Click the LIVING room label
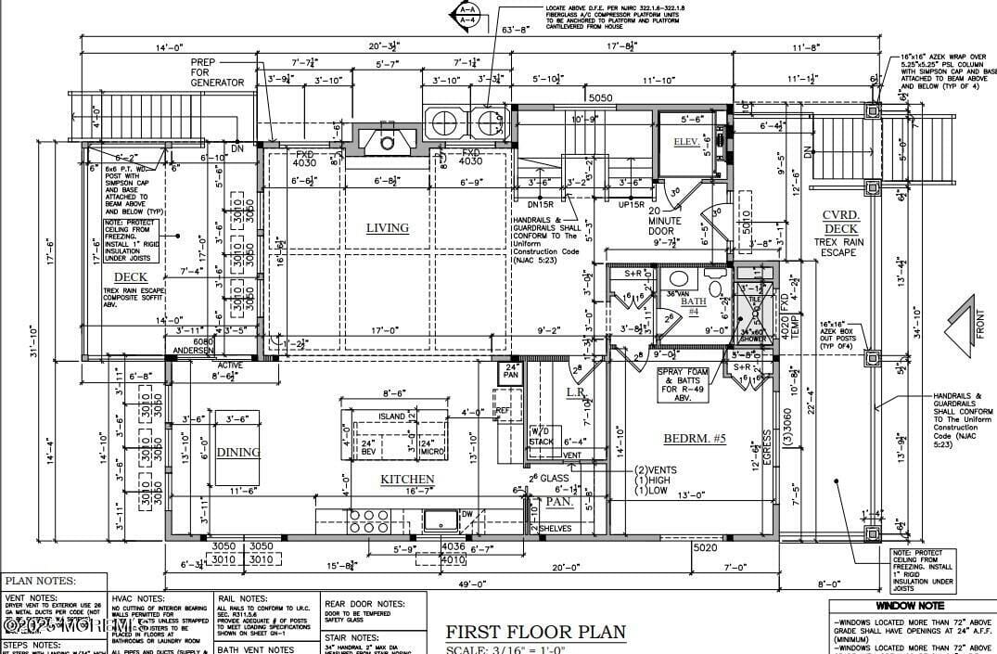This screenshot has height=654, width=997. coord(387,228)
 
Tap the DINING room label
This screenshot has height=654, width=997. coord(238,453)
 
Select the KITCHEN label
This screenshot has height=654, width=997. coord(407,480)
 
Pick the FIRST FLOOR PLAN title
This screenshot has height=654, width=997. coord(535,632)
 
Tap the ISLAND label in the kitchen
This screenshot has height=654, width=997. coord(392,417)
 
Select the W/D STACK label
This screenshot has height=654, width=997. coord(540,436)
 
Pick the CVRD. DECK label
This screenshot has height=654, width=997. coord(840,223)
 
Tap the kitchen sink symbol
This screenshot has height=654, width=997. coord(440,519)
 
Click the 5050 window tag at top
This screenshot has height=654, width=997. coord(601,97)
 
